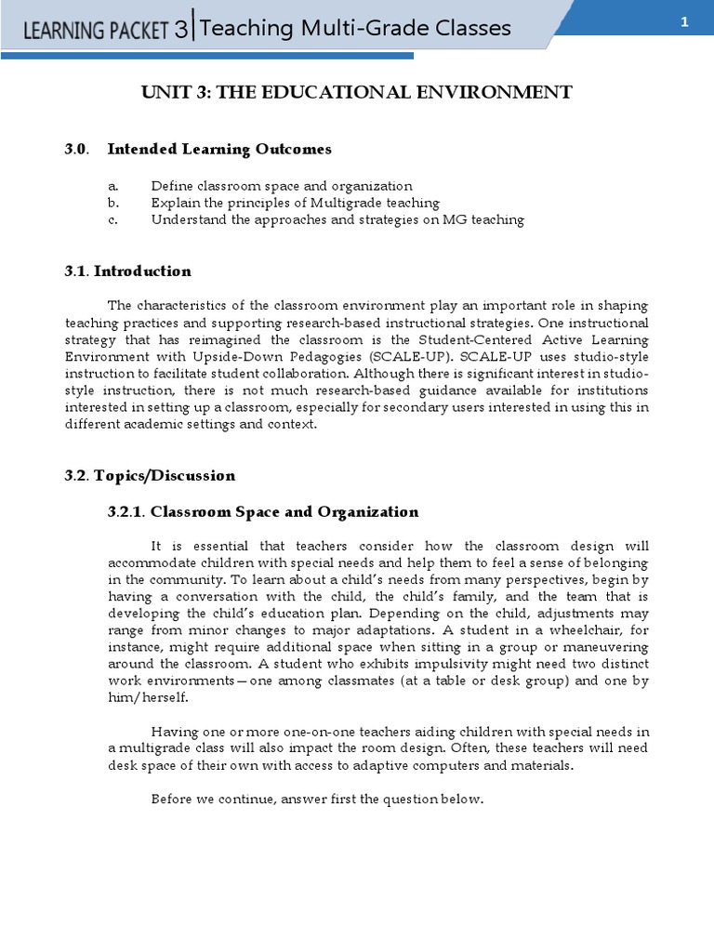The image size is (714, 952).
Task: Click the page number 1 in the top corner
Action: tap(684, 23)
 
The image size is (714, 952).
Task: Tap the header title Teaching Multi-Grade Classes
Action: tap(355, 28)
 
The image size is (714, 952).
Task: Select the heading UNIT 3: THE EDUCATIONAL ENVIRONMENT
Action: tap(356, 91)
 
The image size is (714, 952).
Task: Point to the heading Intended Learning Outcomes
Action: tap(219, 149)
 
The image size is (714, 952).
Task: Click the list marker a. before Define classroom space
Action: tap(112, 186)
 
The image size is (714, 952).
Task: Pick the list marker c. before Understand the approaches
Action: tap(112, 219)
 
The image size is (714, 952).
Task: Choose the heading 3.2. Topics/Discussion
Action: tap(150, 475)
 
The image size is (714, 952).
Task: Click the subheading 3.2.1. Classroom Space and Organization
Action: tap(263, 511)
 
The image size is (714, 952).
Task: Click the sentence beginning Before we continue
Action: tap(317, 800)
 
